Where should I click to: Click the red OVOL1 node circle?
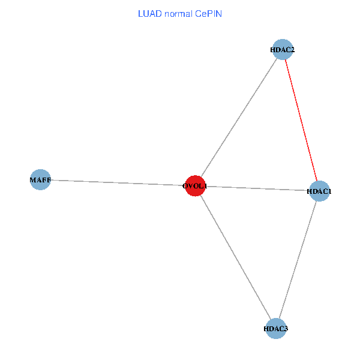(196, 186)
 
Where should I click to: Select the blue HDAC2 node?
(281, 51)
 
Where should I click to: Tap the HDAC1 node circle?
(319, 191)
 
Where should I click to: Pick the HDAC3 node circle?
(276, 328)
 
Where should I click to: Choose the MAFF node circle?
(40, 179)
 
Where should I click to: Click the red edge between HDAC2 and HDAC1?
(300, 120)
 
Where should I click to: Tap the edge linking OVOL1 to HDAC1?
(258, 189)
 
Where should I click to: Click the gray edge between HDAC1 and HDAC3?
(298, 259)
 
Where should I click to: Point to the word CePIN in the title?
(208, 13)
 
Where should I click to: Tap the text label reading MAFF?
(40, 179)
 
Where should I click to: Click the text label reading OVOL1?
(196, 186)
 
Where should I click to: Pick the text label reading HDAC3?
(276, 328)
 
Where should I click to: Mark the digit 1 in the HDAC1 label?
(329, 191)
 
